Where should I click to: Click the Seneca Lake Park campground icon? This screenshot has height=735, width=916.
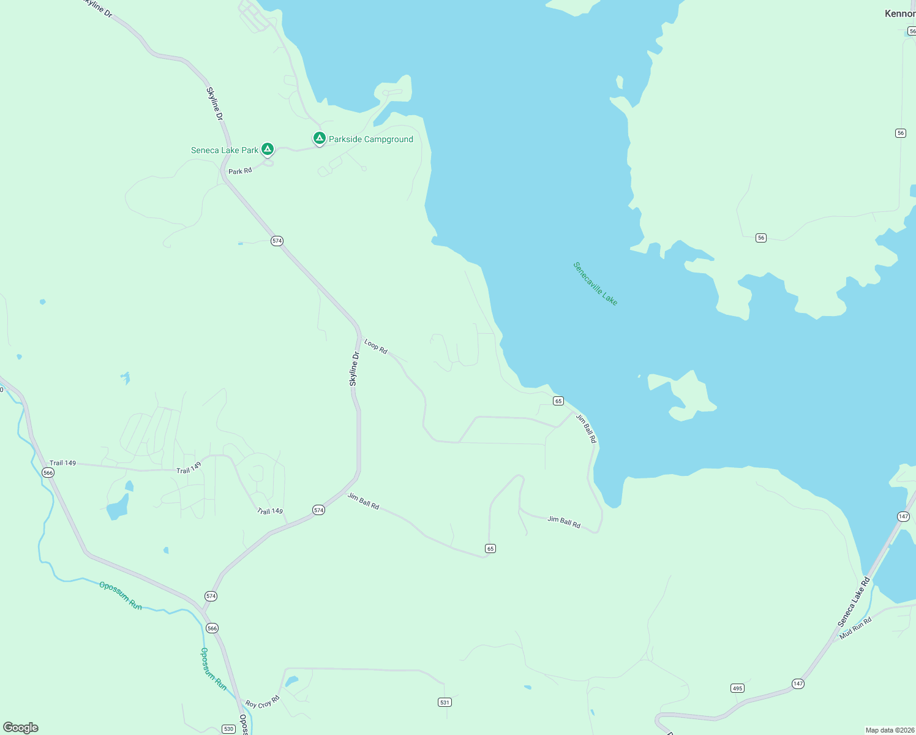click(267, 149)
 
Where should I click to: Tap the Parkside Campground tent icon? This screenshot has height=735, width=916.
click(319, 138)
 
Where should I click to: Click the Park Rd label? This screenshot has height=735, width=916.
click(240, 171)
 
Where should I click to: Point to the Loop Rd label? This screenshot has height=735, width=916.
click(375, 347)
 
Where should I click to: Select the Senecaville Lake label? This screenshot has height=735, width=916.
click(595, 284)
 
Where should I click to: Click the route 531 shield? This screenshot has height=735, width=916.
click(445, 702)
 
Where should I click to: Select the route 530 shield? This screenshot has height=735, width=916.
click(228, 729)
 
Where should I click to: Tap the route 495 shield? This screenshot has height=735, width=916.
click(737, 688)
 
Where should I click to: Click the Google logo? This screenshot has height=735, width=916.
click(21, 728)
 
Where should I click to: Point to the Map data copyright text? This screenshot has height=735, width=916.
click(889, 730)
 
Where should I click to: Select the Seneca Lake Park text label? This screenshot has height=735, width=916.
click(225, 150)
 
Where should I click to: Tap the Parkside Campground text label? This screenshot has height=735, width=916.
click(371, 140)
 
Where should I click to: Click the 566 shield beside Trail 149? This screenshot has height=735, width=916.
click(48, 473)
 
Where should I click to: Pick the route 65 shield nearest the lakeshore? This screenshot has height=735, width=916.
click(558, 401)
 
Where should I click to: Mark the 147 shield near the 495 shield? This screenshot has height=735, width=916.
click(797, 684)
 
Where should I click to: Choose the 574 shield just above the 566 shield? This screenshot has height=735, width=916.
click(211, 596)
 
